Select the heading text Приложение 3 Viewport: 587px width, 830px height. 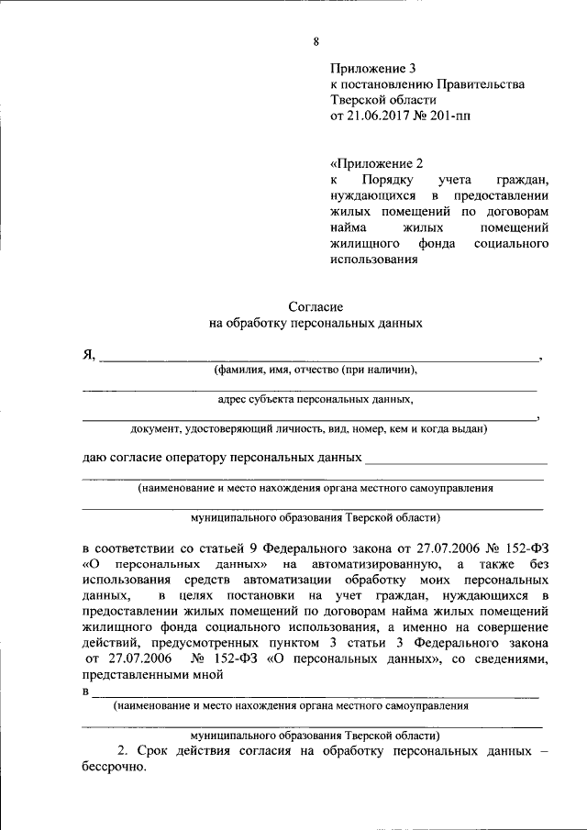373,68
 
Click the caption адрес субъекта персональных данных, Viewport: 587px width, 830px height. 316,400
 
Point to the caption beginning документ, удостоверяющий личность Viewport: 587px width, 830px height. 308,428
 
